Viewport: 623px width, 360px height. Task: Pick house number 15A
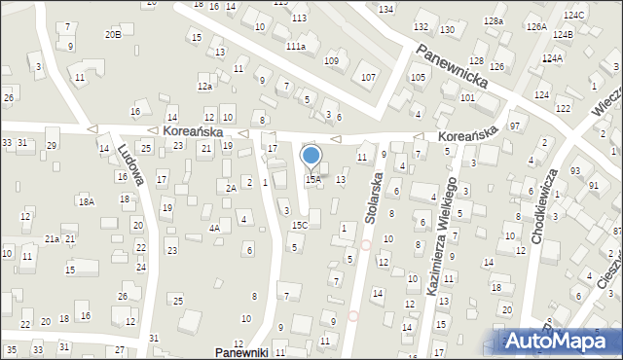point(312,179)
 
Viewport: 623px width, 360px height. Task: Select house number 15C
point(300,226)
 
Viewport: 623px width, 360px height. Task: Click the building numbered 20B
point(113,34)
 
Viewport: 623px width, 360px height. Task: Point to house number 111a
point(296,46)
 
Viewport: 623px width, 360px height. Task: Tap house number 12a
point(204,87)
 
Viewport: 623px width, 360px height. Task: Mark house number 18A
point(87,201)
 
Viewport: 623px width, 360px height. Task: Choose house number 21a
point(52,238)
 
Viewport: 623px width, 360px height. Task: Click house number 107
point(368,77)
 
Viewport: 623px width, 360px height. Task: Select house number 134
point(386,9)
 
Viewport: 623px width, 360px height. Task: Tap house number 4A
point(213,228)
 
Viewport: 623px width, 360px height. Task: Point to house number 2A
point(231,188)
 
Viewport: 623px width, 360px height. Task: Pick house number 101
point(467,98)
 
